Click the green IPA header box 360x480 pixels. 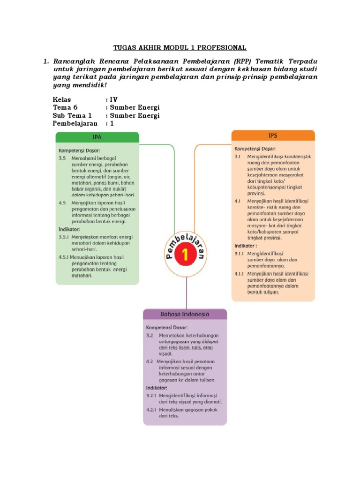click(x=97, y=137)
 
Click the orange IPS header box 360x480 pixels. click(x=273, y=135)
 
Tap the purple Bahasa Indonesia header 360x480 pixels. click(x=185, y=314)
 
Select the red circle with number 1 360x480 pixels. click(x=187, y=255)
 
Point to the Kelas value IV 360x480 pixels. click(x=113, y=99)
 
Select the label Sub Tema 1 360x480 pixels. click(x=72, y=115)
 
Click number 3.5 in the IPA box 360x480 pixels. click(x=63, y=158)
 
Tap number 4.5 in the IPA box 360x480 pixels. click(x=63, y=203)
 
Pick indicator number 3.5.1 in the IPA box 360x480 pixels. click(x=64, y=237)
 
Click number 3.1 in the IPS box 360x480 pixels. click(x=238, y=156)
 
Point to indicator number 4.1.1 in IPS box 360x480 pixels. click(x=239, y=273)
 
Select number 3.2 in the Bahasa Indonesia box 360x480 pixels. click(x=150, y=336)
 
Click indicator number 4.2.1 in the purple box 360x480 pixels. click(x=151, y=409)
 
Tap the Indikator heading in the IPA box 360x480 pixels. click(x=69, y=229)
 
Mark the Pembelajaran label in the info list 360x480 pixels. click(x=75, y=123)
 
